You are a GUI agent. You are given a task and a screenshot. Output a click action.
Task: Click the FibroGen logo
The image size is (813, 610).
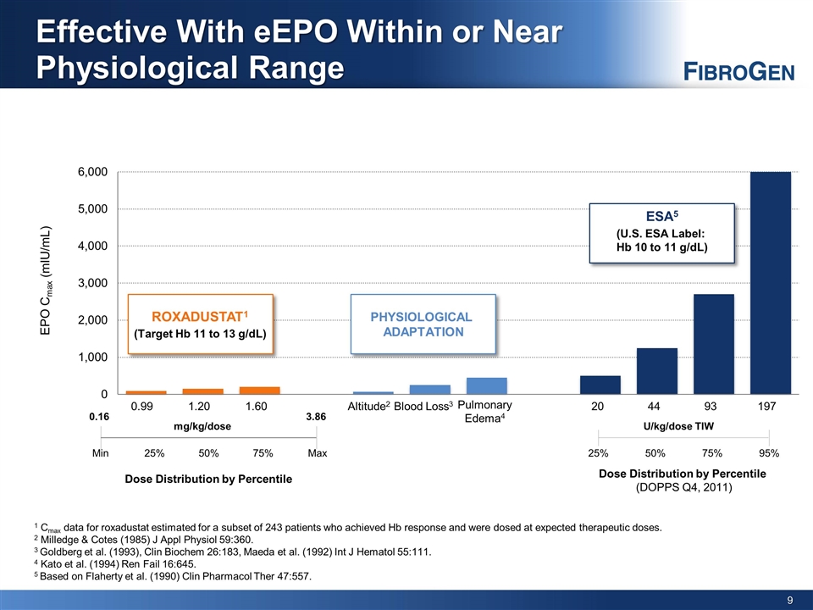(738, 71)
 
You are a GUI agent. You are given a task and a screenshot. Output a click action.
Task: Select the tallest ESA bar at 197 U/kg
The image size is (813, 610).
(771, 283)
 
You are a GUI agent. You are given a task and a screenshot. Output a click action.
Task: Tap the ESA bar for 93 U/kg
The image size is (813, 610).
(714, 344)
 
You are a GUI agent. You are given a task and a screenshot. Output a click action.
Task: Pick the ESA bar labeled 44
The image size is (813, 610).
(657, 371)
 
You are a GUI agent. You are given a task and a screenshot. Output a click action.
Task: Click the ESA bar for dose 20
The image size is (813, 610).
(600, 385)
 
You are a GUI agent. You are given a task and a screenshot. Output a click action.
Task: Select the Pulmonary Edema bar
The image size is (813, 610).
(487, 386)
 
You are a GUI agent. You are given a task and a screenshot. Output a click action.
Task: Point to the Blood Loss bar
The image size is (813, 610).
(430, 390)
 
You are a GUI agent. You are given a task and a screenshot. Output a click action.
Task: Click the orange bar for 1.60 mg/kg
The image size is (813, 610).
(260, 391)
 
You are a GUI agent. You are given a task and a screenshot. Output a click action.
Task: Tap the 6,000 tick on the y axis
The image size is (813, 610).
(93, 172)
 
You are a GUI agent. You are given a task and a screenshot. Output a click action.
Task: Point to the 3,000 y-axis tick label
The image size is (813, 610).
(93, 283)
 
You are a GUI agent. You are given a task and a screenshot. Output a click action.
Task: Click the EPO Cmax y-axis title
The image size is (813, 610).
(46, 280)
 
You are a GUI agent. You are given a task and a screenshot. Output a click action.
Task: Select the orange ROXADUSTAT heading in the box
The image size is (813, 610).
(200, 316)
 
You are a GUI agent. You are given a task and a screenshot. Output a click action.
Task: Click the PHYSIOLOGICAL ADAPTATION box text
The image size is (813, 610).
(422, 324)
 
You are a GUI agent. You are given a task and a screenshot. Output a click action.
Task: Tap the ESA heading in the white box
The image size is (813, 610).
(661, 216)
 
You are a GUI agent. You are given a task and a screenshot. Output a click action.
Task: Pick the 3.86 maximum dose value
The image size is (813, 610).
(316, 417)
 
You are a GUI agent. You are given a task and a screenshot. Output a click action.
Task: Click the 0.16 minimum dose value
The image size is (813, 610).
(100, 417)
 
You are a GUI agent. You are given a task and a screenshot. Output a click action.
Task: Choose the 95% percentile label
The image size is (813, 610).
(769, 453)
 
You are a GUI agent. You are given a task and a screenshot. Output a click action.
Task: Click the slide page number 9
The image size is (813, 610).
(790, 600)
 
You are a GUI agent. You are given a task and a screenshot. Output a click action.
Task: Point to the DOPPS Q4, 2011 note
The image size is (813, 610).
(684, 488)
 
